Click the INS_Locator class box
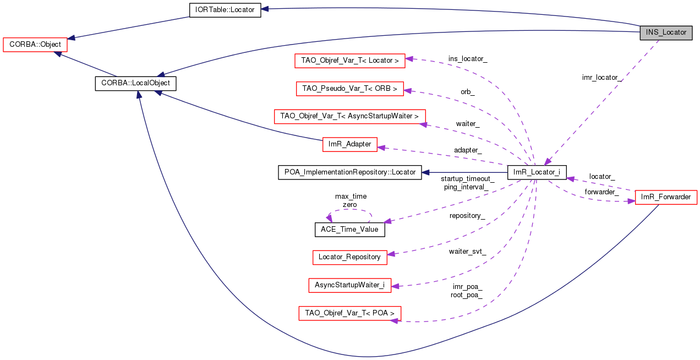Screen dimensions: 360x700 click(x=666, y=32)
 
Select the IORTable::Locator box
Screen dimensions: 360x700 click(x=225, y=10)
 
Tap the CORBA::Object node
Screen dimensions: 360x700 click(x=35, y=45)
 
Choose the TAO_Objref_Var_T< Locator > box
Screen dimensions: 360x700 click(x=349, y=61)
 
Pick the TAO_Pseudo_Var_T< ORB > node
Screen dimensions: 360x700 click(x=349, y=89)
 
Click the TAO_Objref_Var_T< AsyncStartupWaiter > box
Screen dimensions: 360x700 click(x=349, y=116)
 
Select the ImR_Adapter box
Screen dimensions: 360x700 click(x=349, y=144)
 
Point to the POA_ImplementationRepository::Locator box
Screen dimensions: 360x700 click(x=349, y=172)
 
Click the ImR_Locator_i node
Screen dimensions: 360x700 click(x=537, y=172)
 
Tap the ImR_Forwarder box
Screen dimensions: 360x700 click(x=666, y=197)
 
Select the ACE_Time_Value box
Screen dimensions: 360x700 click(x=349, y=229)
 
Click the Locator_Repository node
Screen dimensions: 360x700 click(x=349, y=257)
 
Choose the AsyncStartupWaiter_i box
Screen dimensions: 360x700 click(x=349, y=285)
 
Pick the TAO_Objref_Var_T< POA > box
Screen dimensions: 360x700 click(x=349, y=313)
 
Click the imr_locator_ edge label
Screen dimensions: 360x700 click(x=602, y=78)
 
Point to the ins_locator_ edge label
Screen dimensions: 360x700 click(x=467, y=58)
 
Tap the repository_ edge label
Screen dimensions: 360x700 click(x=467, y=216)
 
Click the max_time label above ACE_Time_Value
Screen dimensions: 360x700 click(x=351, y=197)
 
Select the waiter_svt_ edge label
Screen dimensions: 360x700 click(x=467, y=251)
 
